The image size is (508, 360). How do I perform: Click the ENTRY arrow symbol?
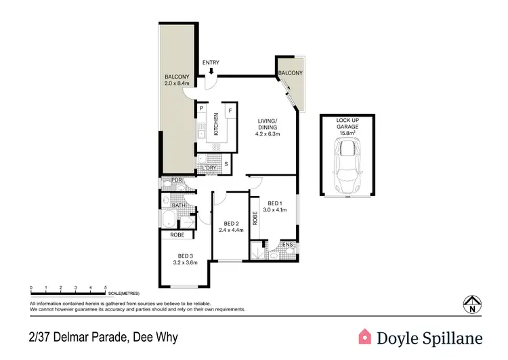point(211,71)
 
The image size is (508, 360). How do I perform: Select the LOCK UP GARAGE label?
point(347,123)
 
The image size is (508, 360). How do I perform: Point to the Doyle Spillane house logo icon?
point(365,336)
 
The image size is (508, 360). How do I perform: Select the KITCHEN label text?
point(217,123)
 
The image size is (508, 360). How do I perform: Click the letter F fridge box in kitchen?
point(230,109)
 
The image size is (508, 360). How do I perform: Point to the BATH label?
point(178,205)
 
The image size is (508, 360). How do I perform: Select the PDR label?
point(177,180)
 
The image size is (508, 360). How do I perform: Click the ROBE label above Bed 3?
point(177,235)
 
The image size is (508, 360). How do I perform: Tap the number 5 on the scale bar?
point(106,289)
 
